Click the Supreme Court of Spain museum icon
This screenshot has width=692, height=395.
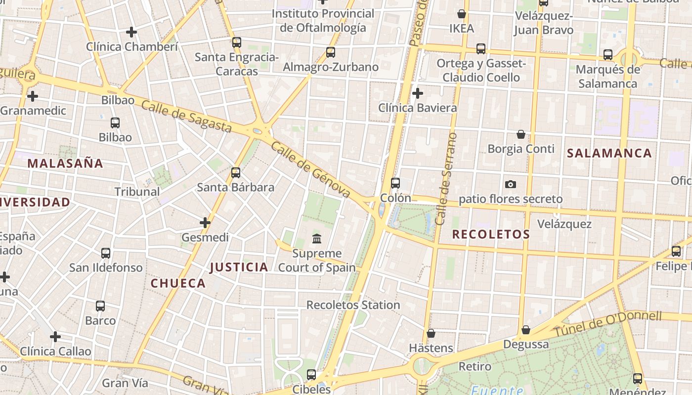pyautogui.click(x=317, y=239)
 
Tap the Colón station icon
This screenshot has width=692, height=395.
pyautogui.click(x=395, y=183)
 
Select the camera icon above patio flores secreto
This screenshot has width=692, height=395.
pyautogui.click(x=511, y=184)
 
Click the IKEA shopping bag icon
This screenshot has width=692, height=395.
pyautogui.click(x=462, y=14)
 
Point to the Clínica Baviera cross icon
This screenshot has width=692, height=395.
pyautogui.click(x=418, y=93)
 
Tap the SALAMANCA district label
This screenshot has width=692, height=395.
pyautogui.click(x=609, y=153)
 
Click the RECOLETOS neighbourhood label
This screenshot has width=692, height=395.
pyautogui.click(x=491, y=235)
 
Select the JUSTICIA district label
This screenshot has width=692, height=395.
pyautogui.click(x=239, y=267)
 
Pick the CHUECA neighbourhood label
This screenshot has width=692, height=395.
pyautogui.click(x=178, y=283)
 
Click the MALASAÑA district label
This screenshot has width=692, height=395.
pyautogui.click(x=65, y=163)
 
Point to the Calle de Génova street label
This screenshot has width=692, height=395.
pyautogui.click(x=310, y=170)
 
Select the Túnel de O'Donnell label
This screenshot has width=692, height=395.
pyautogui.click(x=608, y=323)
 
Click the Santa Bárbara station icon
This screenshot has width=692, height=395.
pyautogui.click(x=236, y=173)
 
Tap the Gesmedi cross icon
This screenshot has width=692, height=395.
pyautogui.click(x=205, y=223)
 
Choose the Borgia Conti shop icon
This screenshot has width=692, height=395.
pyautogui.click(x=521, y=134)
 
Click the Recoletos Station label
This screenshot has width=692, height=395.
pyautogui.click(x=353, y=305)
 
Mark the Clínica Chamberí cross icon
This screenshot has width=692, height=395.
pyautogui.click(x=131, y=32)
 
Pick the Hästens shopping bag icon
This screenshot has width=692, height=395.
pyautogui.click(x=431, y=333)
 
